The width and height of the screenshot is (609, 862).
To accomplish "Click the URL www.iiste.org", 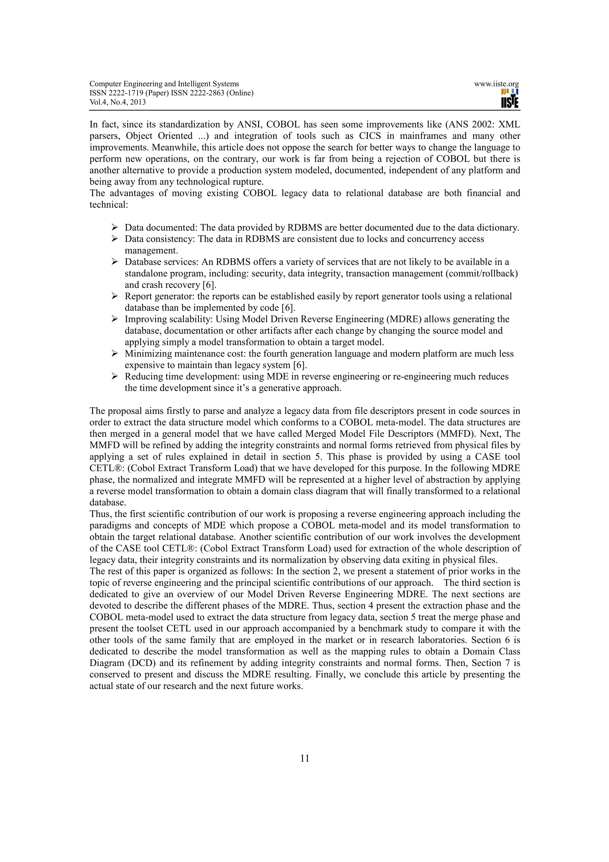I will click(496, 84).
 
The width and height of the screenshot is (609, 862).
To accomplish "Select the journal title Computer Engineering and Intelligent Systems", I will click(164, 84).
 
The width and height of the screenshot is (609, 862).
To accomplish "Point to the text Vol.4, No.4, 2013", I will click(117, 102).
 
